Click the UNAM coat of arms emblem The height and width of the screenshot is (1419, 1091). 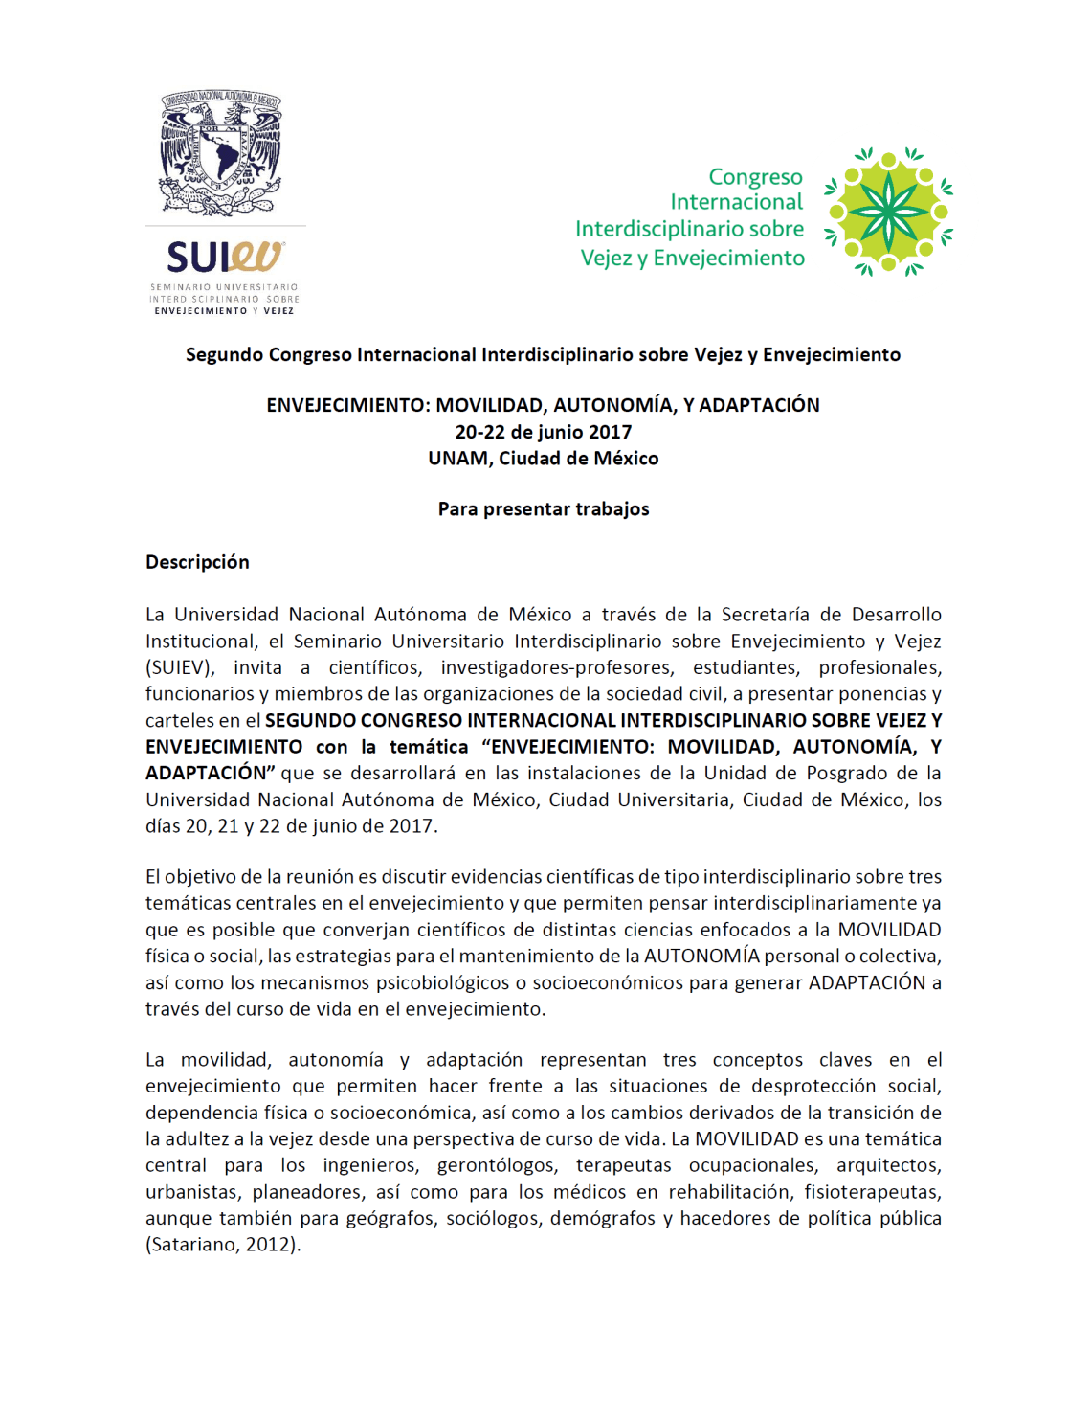221,152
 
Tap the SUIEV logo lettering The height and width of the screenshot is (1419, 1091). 225,258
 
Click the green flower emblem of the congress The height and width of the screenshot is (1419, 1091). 888,212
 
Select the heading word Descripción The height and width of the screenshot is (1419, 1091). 197,562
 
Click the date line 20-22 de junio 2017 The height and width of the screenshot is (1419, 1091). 543,432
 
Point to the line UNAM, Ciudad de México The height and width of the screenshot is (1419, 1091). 543,459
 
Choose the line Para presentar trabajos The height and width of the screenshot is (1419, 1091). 543,509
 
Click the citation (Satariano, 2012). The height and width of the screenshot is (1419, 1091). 223,1245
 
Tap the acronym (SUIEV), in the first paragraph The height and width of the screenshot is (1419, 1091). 180,667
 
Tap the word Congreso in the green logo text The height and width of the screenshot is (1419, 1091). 755,177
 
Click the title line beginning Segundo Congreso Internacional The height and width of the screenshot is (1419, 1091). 543,355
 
